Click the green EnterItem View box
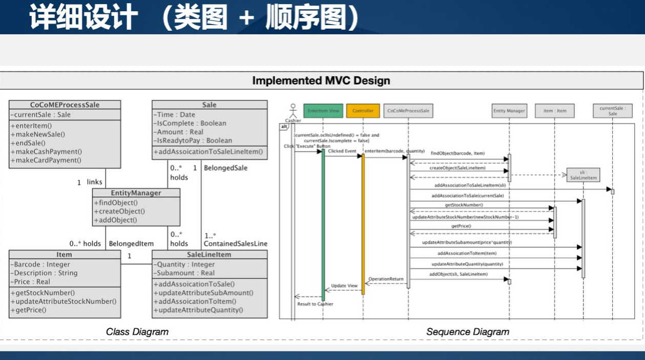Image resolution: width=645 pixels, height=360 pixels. pyautogui.click(x=323, y=111)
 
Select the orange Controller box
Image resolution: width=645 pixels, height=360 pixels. pyautogui.click(x=363, y=111)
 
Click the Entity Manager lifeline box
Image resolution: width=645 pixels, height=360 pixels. pyautogui.click(x=509, y=111)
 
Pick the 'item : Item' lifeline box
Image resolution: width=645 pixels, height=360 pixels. pyautogui.click(x=555, y=111)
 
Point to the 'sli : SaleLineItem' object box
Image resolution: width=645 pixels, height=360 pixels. pyautogui.click(x=583, y=175)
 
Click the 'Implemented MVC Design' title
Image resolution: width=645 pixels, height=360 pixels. pyautogui.click(x=321, y=81)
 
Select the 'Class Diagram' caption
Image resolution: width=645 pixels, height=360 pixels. pyautogui.click(x=137, y=332)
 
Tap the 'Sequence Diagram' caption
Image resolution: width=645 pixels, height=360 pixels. pyautogui.click(x=468, y=332)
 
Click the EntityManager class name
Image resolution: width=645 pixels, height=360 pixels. pyautogui.click(x=136, y=193)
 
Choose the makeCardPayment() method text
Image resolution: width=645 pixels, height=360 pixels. pyautogui.click(x=46, y=160)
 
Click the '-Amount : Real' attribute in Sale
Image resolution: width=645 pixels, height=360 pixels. pyautogui.click(x=180, y=132)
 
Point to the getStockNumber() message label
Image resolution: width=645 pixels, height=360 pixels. pyautogui.click(x=464, y=205)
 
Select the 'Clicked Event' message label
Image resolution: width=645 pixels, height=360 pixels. pyautogui.click(x=343, y=152)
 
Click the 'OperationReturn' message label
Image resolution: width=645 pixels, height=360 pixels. pyautogui.click(x=386, y=279)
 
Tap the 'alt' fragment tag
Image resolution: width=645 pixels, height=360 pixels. pyautogui.click(x=284, y=126)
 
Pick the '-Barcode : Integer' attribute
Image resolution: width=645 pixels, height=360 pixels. pyautogui.click(x=41, y=264)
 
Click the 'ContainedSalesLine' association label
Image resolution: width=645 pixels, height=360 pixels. pyautogui.click(x=236, y=244)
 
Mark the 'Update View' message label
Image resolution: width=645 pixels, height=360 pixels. pyautogui.click(x=344, y=286)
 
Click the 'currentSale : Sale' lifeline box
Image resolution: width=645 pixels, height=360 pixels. pyautogui.click(x=613, y=111)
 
